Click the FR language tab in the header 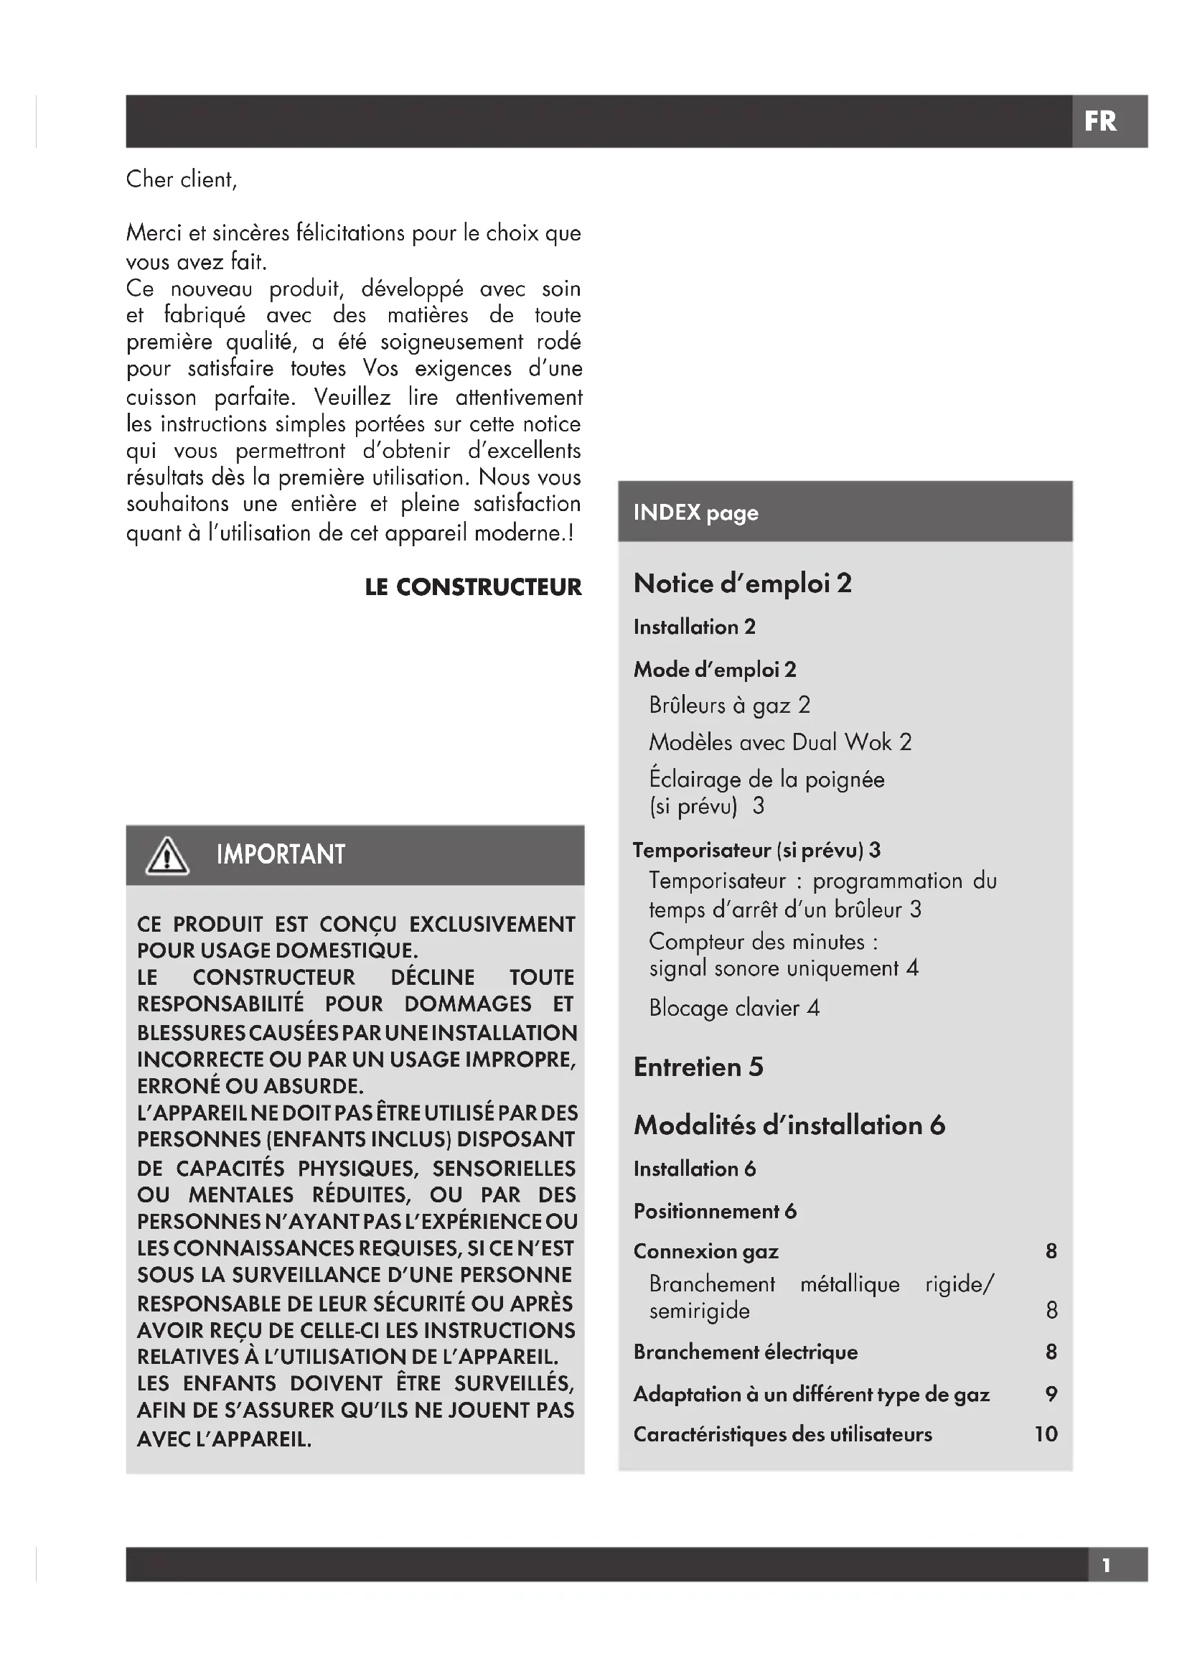tap(1100, 121)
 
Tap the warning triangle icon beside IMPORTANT tap(167, 856)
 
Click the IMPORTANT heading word tap(281, 855)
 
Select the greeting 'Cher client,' tap(182, 179)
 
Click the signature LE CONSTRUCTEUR tap(473, 587)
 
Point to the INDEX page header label tap(695, 513)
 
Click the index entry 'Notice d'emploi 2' tap(743, 584)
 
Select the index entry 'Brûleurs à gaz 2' tap(729, 705)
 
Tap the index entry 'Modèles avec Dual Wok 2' tap(780, 742)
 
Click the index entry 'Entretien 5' tap(698, 1067)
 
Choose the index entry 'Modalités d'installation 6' tap(789, 1126)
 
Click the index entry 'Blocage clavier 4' tap(734, 1009)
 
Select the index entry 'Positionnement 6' tap(715, 1212)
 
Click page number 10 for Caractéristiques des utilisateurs tap(1046, 1434)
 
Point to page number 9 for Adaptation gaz tap(1051, 1394)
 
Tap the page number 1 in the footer tap(1107, 1566)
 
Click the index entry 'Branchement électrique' tap(746, 1352)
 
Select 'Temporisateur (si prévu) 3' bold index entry tap(756, 850)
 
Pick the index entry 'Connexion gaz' tap(706, 1251)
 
